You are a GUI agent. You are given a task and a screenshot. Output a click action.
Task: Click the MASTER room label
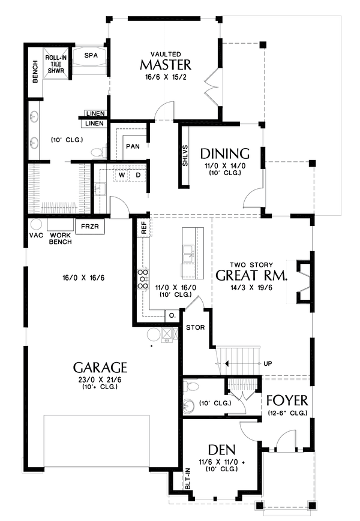pyautogui.click(x=166, y=65)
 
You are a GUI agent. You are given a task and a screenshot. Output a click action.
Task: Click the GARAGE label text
pyautogui.click(x=100, y=366)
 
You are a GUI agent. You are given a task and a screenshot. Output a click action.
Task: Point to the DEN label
pyautogui.click(x=221, y=449)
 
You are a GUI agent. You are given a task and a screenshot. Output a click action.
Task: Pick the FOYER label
pyautogui.click(x=287, y=400)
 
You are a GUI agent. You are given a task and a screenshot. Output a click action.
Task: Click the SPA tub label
pyautogui.click(x=91, y=55)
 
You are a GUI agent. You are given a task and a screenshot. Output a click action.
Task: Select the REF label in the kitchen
pyautogui.click(x=143, y=228)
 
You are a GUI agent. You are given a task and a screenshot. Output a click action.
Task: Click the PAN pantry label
pyautogui.click(x=132, y=146)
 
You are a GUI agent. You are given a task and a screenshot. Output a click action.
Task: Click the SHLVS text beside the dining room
pyautogui.click(x=186, y=155)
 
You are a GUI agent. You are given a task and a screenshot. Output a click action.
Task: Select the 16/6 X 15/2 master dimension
pyautogui.click(x=166, y=78)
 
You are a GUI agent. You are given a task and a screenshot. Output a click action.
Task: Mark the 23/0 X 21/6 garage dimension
pyautogui.click(x=100, y=380)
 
